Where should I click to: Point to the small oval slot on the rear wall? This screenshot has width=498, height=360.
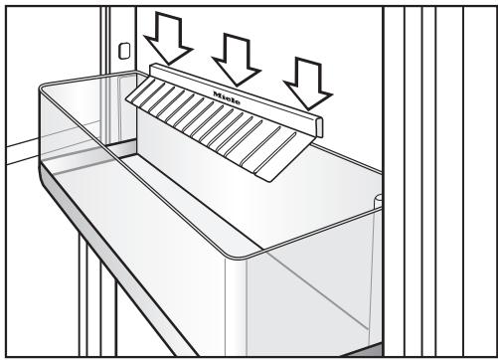point(124,51)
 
